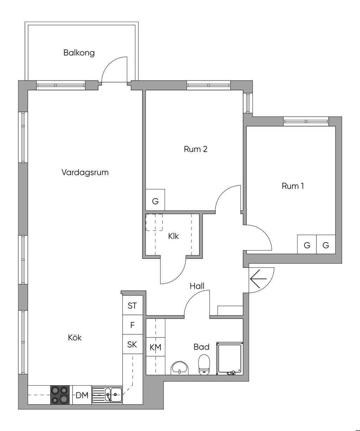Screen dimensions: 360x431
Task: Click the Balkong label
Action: point(79,53)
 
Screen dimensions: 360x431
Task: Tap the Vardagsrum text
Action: point(85,172)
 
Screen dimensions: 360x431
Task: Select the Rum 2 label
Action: point(195,149)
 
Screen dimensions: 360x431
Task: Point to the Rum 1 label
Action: point(292,186)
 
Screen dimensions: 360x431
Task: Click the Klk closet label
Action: point(173,236)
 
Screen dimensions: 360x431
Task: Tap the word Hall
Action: point(197,286)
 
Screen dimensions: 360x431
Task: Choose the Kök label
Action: point(75,338)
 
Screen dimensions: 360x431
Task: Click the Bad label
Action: point(201,347)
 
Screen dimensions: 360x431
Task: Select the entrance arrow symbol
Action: point(258,279)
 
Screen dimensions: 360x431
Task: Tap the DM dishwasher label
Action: point(82,396)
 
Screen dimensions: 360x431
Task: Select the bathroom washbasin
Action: point(180,368)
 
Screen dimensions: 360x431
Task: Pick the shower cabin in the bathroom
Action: point(230,358)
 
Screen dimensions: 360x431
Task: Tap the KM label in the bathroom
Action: point(155,347)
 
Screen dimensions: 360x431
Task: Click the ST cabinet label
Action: point(132,306)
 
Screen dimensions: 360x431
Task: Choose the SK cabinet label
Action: point(132,344)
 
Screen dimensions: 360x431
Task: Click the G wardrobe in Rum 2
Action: point(155,200)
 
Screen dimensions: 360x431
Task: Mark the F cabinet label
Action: point(133,325)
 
